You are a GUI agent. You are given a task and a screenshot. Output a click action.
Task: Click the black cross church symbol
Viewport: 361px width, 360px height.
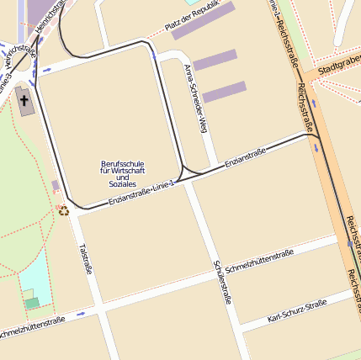(24, 101)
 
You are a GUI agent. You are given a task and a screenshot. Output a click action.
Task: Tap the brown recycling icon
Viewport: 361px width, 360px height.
(64, 209)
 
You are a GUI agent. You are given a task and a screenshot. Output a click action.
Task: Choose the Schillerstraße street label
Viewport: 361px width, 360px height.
(223, 281)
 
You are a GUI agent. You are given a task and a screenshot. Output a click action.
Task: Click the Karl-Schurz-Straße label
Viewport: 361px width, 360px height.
(296, 310)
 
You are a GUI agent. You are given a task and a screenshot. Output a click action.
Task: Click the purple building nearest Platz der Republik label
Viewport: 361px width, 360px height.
(204, 21)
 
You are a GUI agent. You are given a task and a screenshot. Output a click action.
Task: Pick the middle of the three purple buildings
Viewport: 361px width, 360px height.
(215, 61)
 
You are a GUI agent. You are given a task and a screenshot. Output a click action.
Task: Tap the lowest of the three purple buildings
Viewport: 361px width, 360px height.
(224, 92)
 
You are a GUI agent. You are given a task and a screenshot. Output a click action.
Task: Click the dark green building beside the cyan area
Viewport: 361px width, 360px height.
(32, 303)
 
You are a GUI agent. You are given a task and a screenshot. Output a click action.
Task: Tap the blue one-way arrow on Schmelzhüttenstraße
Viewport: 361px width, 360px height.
(81, 314)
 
